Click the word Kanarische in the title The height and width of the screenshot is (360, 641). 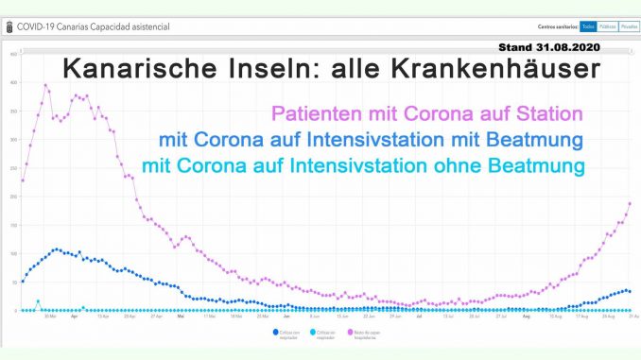point(136,69)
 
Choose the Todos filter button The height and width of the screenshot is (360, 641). point(587,27)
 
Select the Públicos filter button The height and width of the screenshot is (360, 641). point(608,27)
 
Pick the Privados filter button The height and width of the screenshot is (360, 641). point(628,27)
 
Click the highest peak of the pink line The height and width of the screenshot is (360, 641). point(45,86)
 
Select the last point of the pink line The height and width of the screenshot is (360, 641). point(630,203)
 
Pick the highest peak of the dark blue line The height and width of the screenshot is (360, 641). point(57,249)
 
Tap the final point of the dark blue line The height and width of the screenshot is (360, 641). point(630,292)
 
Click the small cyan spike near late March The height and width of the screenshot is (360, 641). point(38,301)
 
